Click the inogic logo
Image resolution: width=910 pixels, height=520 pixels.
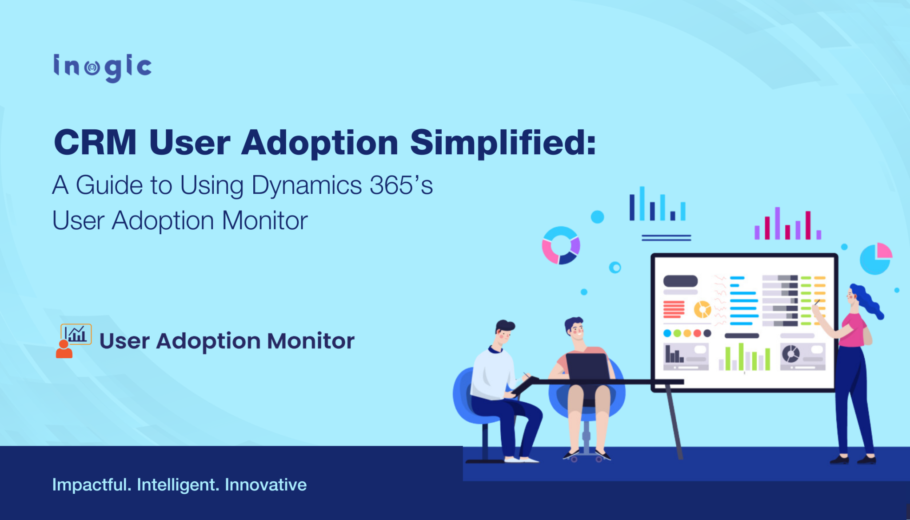102,68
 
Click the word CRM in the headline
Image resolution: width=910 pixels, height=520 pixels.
95,143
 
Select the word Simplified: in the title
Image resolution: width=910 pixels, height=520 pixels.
503,143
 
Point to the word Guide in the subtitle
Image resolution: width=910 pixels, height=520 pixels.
124,185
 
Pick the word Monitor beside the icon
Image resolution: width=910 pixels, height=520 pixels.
310,341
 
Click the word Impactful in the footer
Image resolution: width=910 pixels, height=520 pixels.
91,484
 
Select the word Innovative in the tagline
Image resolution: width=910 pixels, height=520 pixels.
265,484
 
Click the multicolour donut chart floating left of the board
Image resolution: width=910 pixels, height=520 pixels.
561,245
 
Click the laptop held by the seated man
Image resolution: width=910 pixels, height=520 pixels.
587,367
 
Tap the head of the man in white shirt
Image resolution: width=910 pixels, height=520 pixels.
504,332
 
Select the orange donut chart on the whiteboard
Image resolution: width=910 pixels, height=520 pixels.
702,309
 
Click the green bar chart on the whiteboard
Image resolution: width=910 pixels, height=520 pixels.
744,358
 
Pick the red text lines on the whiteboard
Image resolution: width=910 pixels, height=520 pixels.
674,309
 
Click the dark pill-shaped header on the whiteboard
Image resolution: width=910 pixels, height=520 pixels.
680,281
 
